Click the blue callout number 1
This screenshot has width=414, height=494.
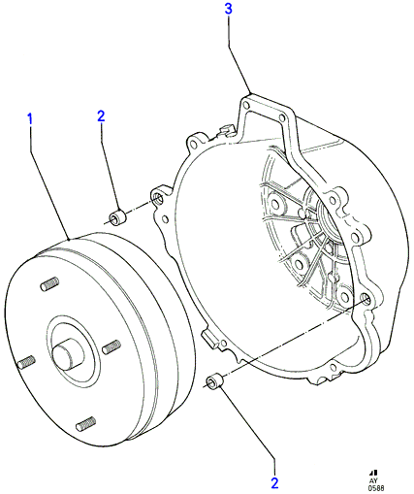point(30,119)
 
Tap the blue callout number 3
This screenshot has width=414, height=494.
point(229,9)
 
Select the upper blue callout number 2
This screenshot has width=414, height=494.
point(101,116)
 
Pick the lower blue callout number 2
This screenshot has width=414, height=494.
point(274,483)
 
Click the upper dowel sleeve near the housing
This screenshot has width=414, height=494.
point(118,218)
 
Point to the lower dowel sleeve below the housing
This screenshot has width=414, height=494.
point(215,380)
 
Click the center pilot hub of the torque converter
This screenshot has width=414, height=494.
point(69,354)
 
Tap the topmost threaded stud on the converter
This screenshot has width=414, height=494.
point(49,283)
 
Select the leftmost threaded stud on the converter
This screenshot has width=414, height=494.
point(26,362)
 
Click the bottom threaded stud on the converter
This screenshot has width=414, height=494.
point(86,423)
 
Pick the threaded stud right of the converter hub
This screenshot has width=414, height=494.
point(111,346)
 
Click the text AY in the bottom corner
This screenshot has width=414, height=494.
point(373,481)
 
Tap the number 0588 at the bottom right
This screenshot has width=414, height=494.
point(376,488)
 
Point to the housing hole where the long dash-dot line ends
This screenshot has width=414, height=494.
point(366,298)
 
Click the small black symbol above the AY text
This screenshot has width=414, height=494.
point(374,474)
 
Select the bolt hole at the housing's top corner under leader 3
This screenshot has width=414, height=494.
point(246,106)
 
